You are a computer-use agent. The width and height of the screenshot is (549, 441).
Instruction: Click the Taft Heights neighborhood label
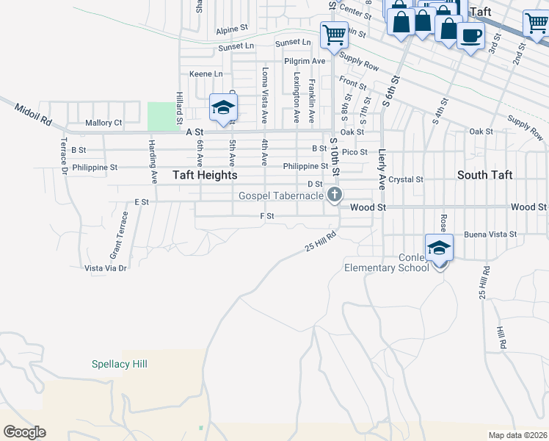point(205,176)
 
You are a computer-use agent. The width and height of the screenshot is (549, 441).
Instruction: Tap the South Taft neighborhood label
point(484,175)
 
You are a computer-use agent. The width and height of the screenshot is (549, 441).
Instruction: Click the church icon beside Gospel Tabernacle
point(335,195)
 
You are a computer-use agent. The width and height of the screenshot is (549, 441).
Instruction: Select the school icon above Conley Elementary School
point(439,248)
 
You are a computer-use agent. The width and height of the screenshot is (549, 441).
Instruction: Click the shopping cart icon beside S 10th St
point(334,34)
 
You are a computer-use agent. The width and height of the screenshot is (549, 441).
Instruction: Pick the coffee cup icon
point(470,34)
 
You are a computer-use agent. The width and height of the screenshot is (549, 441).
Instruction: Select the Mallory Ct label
point(103,123)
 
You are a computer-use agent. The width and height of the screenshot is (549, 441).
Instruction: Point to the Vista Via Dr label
point(106,268)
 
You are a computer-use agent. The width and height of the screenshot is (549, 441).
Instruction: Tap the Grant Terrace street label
point(119,234)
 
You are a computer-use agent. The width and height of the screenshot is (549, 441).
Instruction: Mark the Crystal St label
point(406,179)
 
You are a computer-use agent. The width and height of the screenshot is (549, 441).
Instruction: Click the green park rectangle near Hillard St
point(161,116)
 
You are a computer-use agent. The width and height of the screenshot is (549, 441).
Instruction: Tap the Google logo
point(24,432)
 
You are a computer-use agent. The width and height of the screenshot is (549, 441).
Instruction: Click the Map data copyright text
point(517,435)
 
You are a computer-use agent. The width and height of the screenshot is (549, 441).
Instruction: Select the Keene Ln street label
point(206,74)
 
